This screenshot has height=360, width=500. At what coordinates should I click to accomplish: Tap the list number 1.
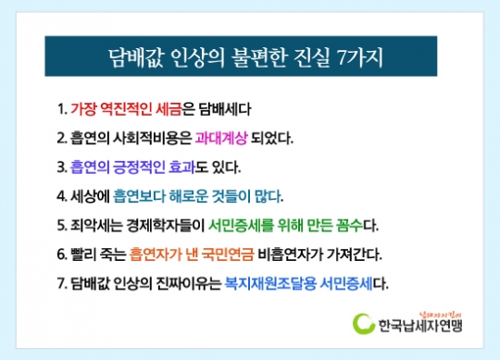[60, 108]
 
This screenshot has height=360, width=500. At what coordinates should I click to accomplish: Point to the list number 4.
[60, 197]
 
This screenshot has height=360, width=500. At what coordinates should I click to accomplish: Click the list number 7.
[60, 281]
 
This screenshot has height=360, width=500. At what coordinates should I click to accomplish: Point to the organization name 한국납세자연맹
[419, 326]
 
